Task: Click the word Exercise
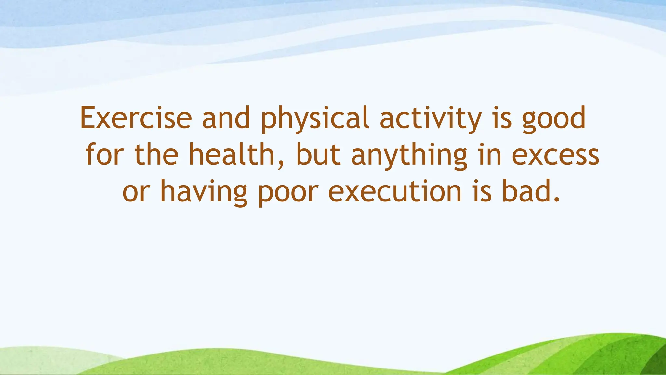coord(136,118)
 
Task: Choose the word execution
coord(395,192)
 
